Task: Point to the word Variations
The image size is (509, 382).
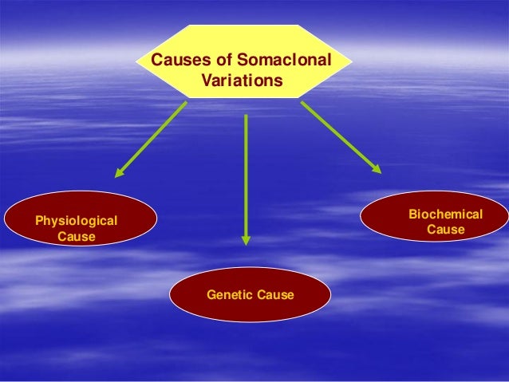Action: pos(243,81)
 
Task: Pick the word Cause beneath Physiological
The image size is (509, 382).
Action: pos(76,238)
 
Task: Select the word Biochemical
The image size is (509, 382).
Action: pos(445,215)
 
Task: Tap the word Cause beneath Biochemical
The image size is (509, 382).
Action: pos(445,230)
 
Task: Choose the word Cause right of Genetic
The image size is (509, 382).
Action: pos(275,295)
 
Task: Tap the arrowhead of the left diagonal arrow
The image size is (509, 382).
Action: pos(119,171)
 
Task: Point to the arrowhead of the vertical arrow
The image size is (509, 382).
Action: pos(246,239)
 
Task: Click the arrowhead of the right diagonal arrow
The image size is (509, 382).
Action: pos(376,167)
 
